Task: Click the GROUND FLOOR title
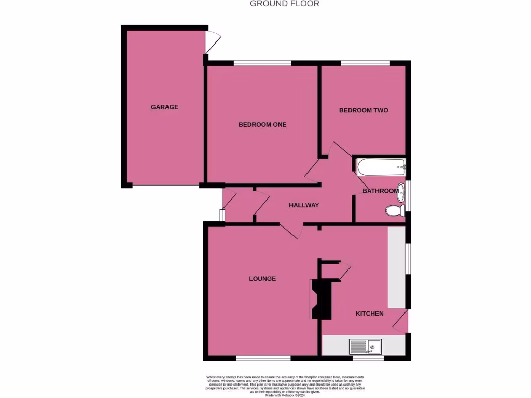[x=285, y=4]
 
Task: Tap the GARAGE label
[x=164, y=107]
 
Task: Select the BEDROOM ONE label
[x=262, y=125]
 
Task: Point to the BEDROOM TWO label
[x=364, y=110]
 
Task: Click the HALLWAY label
[x=304, y=205]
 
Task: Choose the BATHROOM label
[x=381, y=191]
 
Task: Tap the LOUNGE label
[x=262, y=279]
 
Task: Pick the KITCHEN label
[x=369, y=314]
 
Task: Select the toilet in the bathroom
[x=395, y=210]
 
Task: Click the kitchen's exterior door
[x=401, y=321]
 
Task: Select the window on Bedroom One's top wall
[x=262, y=63]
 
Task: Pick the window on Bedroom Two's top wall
[x=365, y=63]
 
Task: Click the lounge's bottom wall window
[x=263, y=358]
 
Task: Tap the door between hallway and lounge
[x=288, y=231]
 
